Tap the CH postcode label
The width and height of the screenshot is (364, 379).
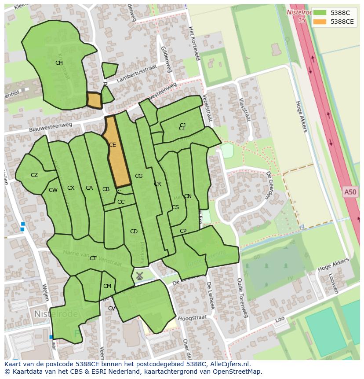coord(59,63)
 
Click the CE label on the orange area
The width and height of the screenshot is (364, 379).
coord(113,145)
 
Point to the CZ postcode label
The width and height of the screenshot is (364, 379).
coord(34,175)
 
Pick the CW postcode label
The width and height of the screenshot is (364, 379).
coord(53,190)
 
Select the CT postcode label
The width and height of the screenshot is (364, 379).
coord(93,258)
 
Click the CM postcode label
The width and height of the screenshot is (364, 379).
coord(107,286)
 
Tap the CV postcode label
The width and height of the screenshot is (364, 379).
coord(112,309)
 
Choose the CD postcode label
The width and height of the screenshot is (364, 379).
coord(134,232)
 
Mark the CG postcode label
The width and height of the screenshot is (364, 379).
coord(138,176)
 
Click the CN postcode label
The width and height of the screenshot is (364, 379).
coord(188,196)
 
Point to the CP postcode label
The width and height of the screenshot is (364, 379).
coord(183,231)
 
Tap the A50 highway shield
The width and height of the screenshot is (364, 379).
coord(350,192)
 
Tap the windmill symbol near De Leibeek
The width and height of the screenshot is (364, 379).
coord(139,276)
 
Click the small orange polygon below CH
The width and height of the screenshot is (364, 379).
coord(94,100)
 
